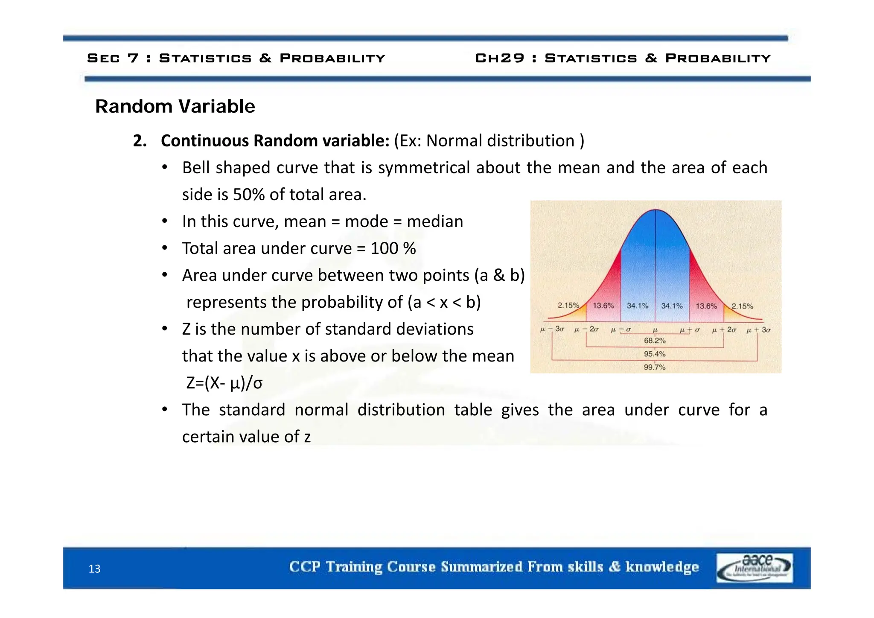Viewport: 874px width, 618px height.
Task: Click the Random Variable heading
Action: coord(175,106)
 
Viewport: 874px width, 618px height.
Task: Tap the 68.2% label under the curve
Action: coord(654,341)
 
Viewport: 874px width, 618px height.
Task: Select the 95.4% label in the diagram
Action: coord(654,354)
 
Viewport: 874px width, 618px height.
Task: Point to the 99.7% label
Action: coord(654,367)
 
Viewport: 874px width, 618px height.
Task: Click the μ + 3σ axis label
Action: coord(758,330)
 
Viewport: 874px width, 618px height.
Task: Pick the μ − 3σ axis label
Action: coord(552,329)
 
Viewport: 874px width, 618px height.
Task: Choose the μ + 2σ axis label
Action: coord(724,330)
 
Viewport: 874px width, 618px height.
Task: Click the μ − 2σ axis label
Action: coord(586,329)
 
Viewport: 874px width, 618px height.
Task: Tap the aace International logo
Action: coord(754,568)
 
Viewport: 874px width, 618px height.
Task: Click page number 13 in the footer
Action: coord(94,569)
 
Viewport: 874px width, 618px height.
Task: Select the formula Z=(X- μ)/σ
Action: coord(224,383)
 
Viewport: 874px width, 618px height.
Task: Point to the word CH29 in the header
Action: coord(499,58)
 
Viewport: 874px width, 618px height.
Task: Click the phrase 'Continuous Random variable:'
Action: coord(275,141)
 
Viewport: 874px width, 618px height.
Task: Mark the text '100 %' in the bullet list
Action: coord(393,248)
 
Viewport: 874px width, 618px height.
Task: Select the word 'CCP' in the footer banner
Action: coord(304,567)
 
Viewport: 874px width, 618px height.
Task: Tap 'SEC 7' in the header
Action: coord(113,58)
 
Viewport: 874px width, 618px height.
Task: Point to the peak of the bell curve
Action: coord(655,210)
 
